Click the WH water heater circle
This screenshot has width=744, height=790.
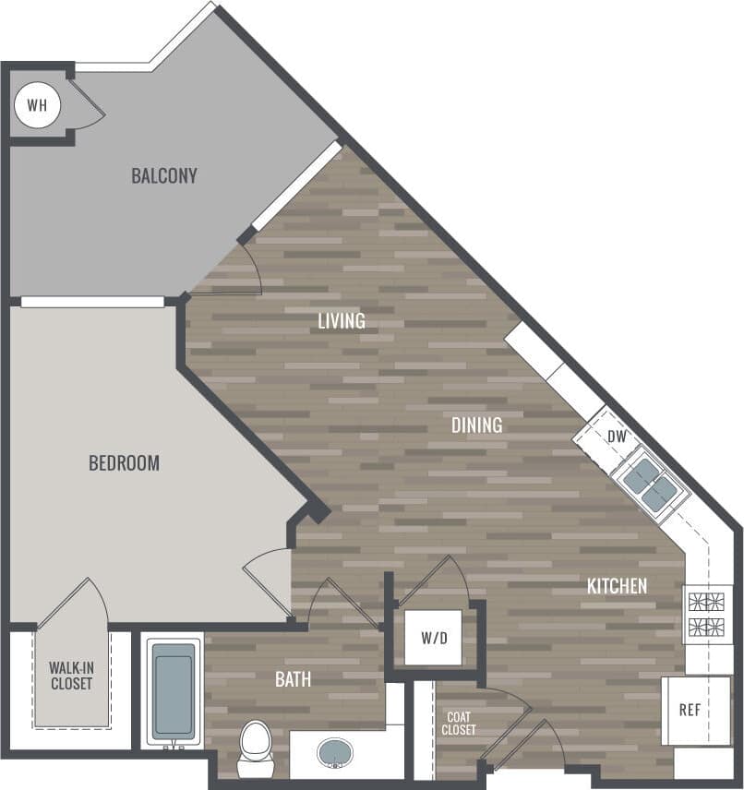[37, 105]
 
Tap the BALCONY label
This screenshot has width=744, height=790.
[163, 175]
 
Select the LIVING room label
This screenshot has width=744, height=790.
[342, 321]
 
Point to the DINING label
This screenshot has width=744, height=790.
[476, 425]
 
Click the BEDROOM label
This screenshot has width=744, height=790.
[124, 463]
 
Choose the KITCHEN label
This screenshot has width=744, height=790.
[617, 586]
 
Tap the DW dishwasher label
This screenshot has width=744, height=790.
[617, 436]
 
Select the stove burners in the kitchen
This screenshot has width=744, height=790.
[707, 615]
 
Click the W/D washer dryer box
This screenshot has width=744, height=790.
[432, 638]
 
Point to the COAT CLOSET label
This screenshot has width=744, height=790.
[460, 724]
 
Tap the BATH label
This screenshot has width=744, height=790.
[293, 680]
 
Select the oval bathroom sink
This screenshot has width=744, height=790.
[335, 753]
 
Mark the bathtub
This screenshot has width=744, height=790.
[173, 691]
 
